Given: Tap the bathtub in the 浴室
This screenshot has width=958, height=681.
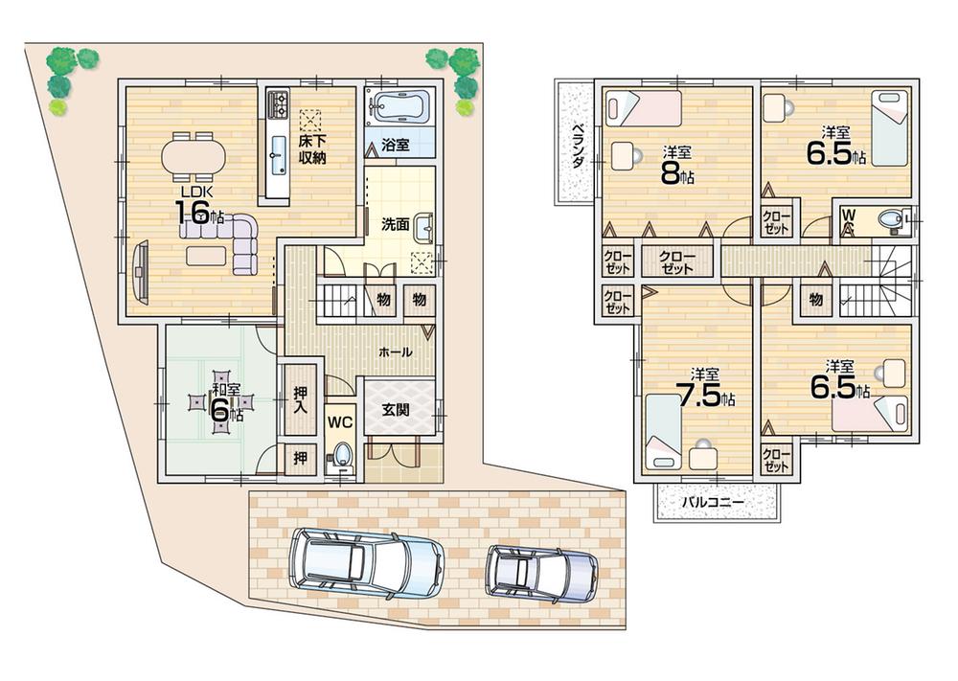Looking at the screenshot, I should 400,107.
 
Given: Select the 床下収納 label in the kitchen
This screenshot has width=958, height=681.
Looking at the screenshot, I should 312,149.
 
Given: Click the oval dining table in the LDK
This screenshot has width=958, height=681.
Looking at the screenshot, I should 194,155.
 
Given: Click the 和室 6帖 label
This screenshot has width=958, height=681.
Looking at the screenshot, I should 226,403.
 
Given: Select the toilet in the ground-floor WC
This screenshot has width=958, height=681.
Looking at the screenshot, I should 342,453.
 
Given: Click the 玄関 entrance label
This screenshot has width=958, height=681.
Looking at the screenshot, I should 396,409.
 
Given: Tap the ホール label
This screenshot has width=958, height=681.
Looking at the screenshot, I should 396,352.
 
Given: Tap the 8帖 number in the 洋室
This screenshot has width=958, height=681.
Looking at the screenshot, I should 676,172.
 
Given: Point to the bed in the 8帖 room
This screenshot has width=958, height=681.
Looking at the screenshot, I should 644,107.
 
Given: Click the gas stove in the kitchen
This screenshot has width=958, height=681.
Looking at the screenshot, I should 278,102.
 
